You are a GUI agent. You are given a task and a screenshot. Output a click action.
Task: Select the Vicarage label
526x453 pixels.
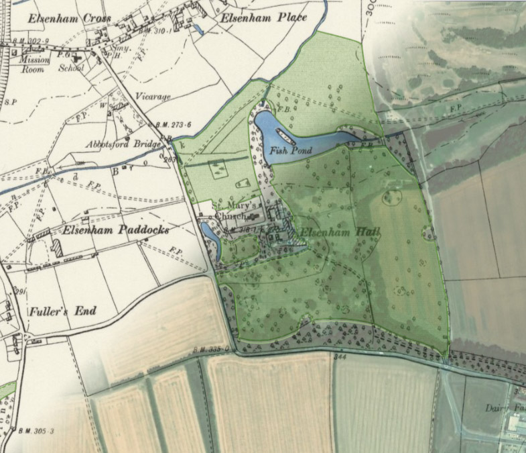pos(153,97)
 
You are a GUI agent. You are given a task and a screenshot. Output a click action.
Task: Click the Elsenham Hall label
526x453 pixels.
pos(339,233)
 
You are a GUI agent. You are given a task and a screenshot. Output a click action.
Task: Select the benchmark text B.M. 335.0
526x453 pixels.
pos(213,349)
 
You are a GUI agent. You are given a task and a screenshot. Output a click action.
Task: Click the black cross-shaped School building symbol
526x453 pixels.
pos(78,59)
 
